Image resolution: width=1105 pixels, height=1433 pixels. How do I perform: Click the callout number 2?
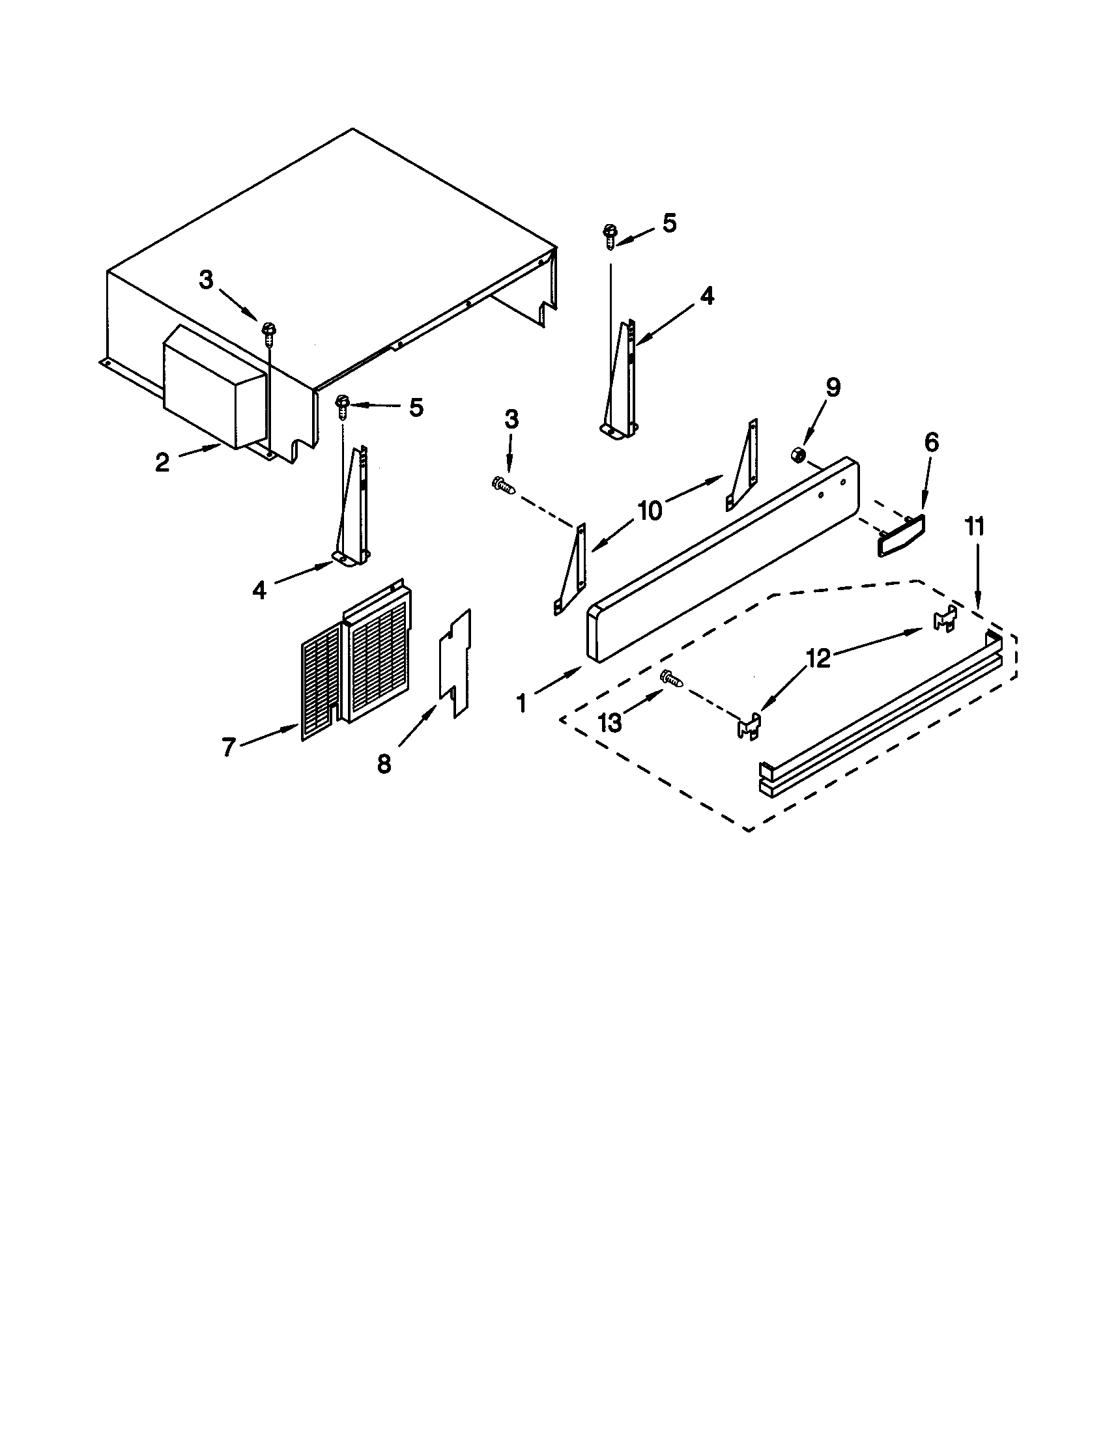(162, 463)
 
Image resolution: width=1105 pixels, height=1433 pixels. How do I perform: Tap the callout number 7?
(227, 747)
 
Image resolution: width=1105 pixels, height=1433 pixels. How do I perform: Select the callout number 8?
(384, 763)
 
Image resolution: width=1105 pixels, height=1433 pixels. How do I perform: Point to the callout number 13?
(610, 723)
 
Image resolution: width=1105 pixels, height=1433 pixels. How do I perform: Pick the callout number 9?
(832, 388)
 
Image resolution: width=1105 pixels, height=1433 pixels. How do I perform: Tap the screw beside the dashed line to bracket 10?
(503, 484)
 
